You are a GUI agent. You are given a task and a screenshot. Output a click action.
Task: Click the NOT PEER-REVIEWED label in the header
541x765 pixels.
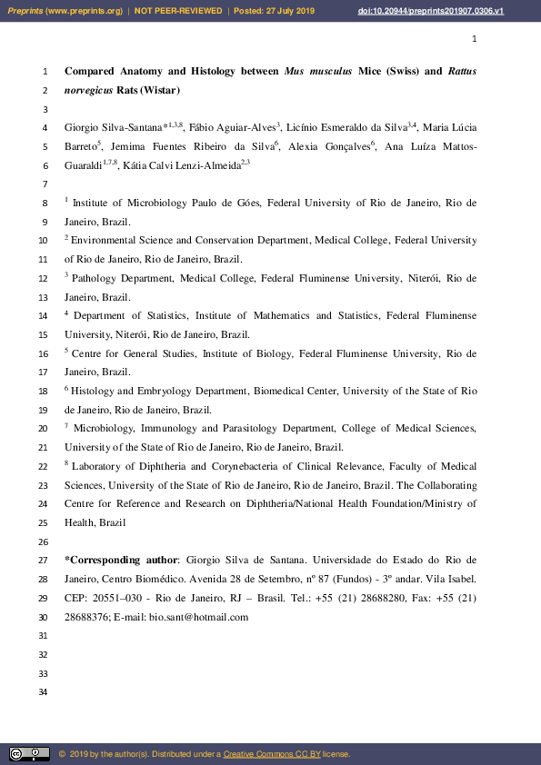[178, 10]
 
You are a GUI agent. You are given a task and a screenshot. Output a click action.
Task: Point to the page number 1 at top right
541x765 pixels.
[474, 39]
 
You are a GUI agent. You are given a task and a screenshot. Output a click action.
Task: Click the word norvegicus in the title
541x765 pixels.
[87, 90]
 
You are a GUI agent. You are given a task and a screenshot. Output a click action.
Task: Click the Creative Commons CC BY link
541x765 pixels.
[268, 754]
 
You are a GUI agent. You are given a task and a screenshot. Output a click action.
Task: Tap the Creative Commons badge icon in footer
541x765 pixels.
[29, 754]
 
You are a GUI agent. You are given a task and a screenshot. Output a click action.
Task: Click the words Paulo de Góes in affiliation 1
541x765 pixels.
[256, 204]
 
